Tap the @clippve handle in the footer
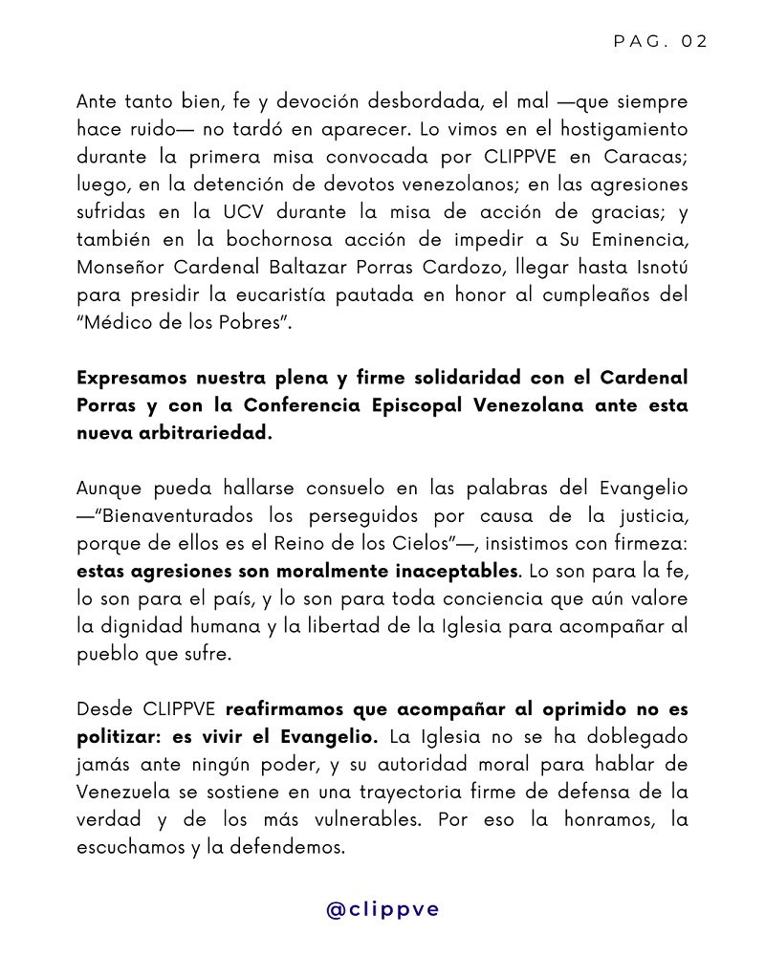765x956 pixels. pyautogui.click(x=382, y=909)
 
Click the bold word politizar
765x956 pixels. pyautogui.click(x=120, y=738)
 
